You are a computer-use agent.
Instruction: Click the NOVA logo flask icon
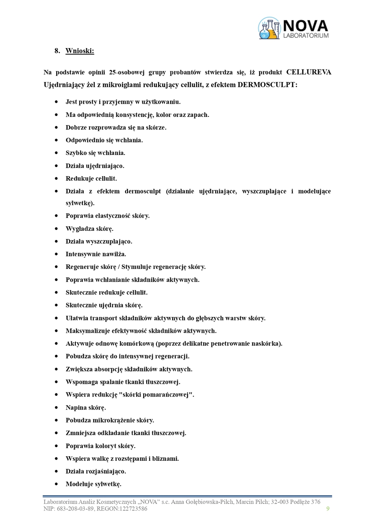269,28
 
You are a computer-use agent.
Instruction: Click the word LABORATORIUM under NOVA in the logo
306,36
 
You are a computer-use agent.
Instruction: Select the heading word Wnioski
79,51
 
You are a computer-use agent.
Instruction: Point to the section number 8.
57,51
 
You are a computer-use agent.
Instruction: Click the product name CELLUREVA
308,72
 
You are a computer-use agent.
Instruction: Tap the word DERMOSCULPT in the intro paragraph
267,85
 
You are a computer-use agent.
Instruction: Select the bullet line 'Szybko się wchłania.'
95,153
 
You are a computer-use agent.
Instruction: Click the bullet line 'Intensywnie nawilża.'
96,254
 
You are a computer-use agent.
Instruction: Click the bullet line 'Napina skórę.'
86,407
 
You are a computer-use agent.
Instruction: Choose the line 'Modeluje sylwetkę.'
93,484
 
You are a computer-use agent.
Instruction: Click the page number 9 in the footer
328,509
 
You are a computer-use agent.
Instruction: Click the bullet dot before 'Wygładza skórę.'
56,229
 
